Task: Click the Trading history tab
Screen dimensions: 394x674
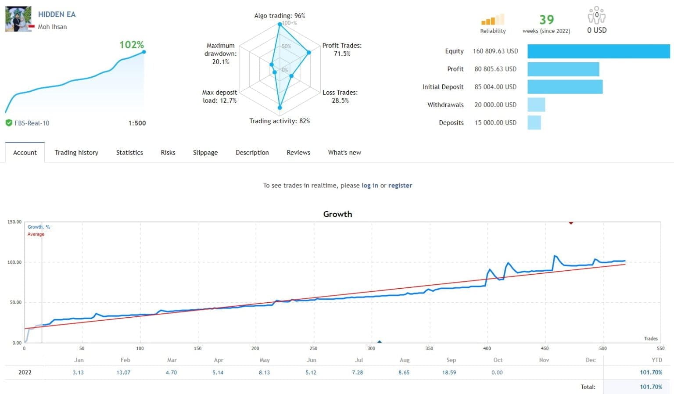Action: [x=76, y=153]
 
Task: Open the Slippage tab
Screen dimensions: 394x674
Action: [x=205, y=153]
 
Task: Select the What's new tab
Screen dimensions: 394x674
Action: [x=344, y=153]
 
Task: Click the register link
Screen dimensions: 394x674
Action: [x=400, y=186]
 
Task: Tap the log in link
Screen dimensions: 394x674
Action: [x=369, y=186]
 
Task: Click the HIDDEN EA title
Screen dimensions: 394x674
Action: [x=57, y=14]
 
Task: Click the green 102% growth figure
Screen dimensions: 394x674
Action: [x=131, y=45]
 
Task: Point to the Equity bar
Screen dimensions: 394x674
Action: [x=598, y=51]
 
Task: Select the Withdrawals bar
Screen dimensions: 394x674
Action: [x=536, y=105]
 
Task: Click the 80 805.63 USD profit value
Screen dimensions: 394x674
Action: [x=495, y=69]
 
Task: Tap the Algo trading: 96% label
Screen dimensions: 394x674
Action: [x=280, y=16]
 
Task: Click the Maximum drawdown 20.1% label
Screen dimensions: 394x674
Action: [x=221, y=54]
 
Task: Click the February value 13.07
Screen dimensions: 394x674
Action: [x=123, y=373]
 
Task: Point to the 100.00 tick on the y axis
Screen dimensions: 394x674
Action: [x=14, y=262]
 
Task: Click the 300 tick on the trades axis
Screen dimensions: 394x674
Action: [x=371, y=348]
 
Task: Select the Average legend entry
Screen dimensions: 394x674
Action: [x=36, y=234]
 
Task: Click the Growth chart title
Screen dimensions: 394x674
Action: [x=337, y=214]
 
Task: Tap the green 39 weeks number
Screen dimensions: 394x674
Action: [x=546, y=20]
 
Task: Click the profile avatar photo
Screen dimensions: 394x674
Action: [x=18, y=19]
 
